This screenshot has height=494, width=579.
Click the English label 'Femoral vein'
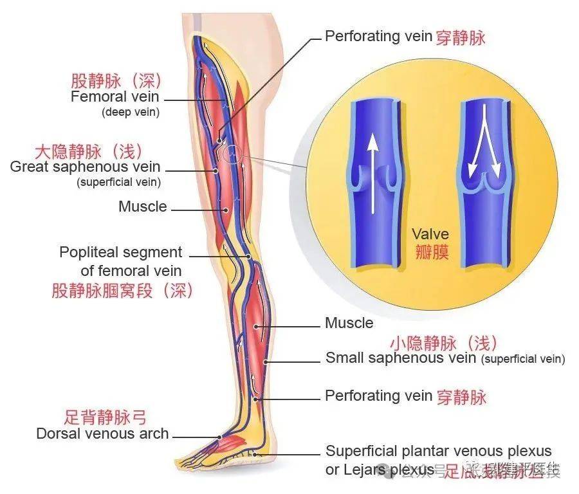(x=115, y=98)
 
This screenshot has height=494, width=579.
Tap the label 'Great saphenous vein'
(x=86, y=167)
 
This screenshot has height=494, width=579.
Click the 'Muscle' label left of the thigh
(x=143, y=207)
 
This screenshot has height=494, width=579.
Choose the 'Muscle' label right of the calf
(x=349, y=323)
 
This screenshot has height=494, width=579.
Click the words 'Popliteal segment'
(x=121, y=252)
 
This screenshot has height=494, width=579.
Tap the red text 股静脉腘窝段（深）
(x=123, y=291)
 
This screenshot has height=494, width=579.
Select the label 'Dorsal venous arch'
(x=102, y=434)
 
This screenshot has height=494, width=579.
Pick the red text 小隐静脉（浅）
(x=444, y=342)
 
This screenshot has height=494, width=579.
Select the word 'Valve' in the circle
(x=430, y=233)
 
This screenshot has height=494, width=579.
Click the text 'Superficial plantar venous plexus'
(x=438, y=451)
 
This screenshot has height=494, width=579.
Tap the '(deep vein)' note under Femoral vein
(x=131, y=112)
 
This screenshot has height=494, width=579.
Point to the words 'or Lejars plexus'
(x=379, y=470)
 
